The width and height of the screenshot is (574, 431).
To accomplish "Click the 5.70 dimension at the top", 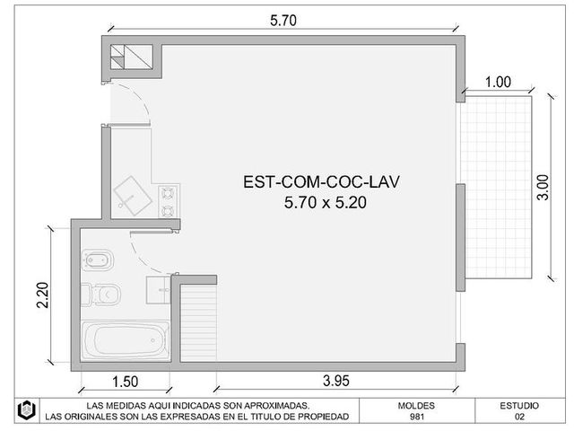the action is [283, 21].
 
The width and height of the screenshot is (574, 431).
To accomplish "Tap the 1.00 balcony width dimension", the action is [498, 82].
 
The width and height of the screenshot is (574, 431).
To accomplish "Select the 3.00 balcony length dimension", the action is [544, 188].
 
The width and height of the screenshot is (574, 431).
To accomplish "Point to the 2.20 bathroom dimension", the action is [43, 295].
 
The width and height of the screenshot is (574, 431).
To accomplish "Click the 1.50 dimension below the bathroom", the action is [126, 382].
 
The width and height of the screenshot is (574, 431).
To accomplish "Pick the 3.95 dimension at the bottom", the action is [336, 381].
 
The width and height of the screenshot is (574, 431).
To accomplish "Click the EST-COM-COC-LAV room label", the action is [321, 181].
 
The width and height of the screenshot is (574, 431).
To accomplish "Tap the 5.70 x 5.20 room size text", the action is [325, 202].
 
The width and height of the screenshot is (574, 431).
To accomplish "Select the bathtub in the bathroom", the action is [126, 341].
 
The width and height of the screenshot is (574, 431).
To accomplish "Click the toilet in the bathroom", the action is [101, 295].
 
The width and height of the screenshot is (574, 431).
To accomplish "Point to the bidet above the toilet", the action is [98, 260].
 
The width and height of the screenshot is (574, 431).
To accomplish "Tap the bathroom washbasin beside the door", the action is [158, 290].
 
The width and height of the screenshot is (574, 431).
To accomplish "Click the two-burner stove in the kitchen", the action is [168, 201].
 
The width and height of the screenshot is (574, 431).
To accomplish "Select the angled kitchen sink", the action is [133, 196].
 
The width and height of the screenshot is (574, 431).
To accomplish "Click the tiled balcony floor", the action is [496, 187].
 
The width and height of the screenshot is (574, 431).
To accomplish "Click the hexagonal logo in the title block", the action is [27, 410].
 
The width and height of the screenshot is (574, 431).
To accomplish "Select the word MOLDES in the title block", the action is [416, 406].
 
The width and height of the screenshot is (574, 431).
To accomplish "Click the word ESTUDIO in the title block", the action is [519, 406].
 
